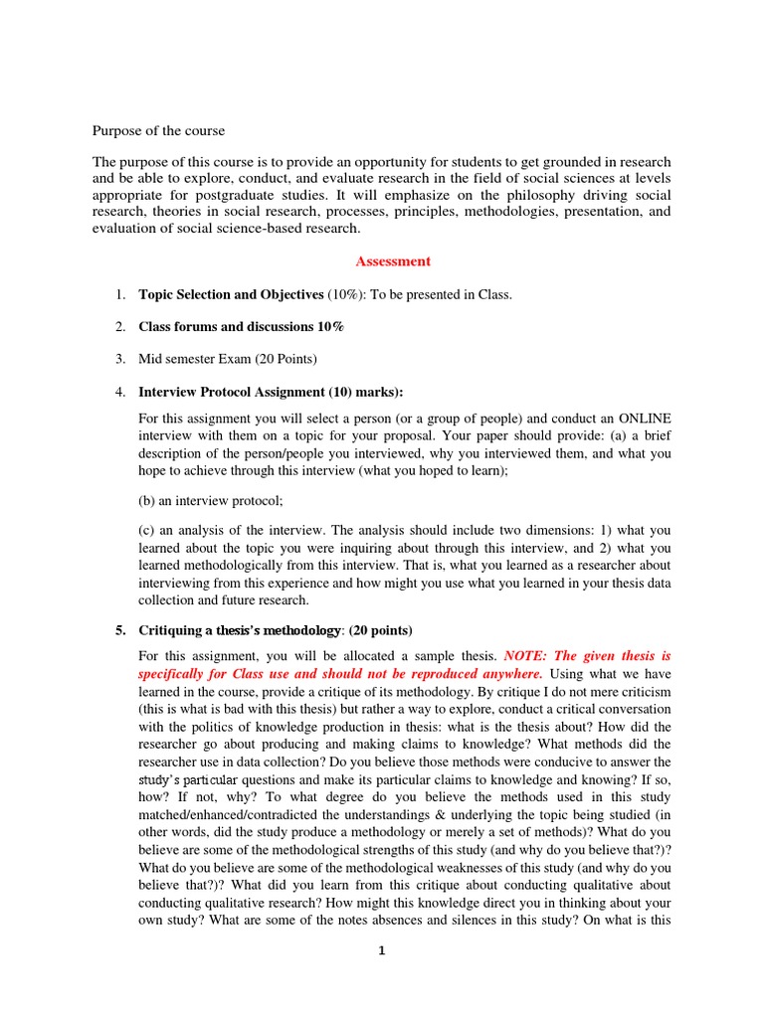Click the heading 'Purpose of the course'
coord(159,130)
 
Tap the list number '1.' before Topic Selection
coord(118,295)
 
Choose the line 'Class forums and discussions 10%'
coord(242,326)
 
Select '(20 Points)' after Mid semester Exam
coord(285,358)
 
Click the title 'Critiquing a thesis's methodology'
coord(244,630)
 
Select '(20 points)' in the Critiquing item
coord(376,630)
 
